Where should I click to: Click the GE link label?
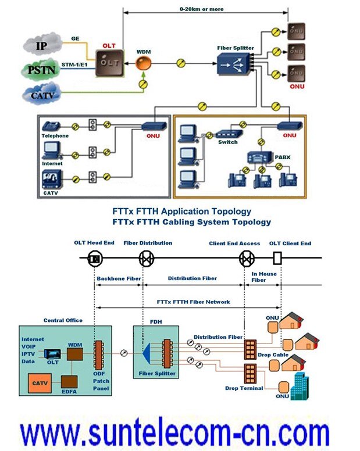coord(76,38)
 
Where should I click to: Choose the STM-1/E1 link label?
coord(74,65)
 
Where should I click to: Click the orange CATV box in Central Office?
coord(40,383)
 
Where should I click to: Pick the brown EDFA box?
coord(70,382)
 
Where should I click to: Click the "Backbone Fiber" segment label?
coord(119,278)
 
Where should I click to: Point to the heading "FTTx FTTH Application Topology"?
coord(182,211)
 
